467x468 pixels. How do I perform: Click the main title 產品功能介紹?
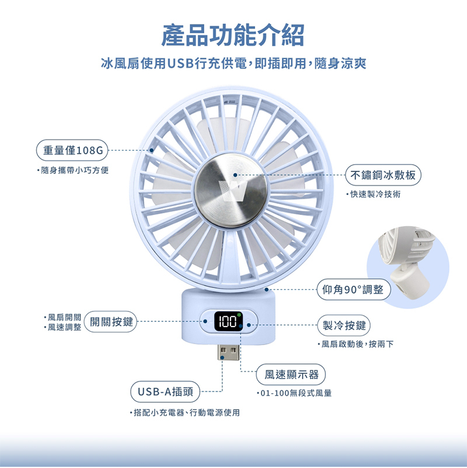coord(233,35)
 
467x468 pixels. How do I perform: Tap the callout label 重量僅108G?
coord(72,150)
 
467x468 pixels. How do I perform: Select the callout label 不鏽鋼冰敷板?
coord(383,175)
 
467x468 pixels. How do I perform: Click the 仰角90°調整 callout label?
coord(353,290)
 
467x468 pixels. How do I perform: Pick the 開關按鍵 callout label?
coord(111,322)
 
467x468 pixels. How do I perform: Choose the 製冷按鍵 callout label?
coord(344,325)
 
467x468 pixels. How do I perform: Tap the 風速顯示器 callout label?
coord(291,375)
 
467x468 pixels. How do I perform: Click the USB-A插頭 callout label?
coord(165,391)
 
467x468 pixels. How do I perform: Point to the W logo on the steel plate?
coord(233,190)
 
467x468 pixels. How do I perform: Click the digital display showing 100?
coord(228,321)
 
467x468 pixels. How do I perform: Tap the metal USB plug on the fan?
coord(228,352)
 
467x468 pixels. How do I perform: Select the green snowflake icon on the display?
coord(239,314)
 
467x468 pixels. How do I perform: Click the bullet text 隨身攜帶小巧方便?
coord(73,171)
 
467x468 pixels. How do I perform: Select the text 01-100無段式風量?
coord(294,393)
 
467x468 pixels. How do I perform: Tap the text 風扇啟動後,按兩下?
coord(356,344)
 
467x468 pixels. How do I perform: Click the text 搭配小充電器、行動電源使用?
coord(185,412)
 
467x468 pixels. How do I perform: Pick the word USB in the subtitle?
coord(180,63)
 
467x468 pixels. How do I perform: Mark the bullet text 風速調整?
coord(62,327)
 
